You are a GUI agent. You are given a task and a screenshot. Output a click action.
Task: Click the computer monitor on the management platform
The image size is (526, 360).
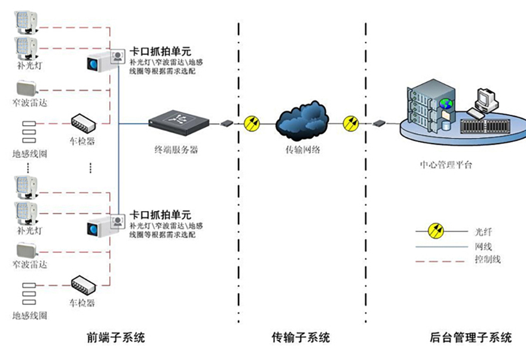(x=484, y=98)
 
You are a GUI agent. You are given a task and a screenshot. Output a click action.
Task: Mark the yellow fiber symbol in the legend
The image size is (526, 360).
(x=438, y=230)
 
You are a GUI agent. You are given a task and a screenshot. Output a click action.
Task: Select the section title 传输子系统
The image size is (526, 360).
(x=301, y=338)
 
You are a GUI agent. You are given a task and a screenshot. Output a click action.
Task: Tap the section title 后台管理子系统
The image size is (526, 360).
(x=470, y=338)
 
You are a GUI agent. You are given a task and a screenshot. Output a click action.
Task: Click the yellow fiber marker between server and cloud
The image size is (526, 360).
(x=252, y=124)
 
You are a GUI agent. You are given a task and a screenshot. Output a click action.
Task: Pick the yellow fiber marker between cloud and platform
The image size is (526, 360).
(x=351, y=124)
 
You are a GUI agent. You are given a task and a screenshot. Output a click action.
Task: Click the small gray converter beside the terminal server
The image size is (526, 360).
(x=227, y=124)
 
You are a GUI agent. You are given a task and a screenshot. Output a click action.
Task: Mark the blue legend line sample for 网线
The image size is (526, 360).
(x=441, y=246)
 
